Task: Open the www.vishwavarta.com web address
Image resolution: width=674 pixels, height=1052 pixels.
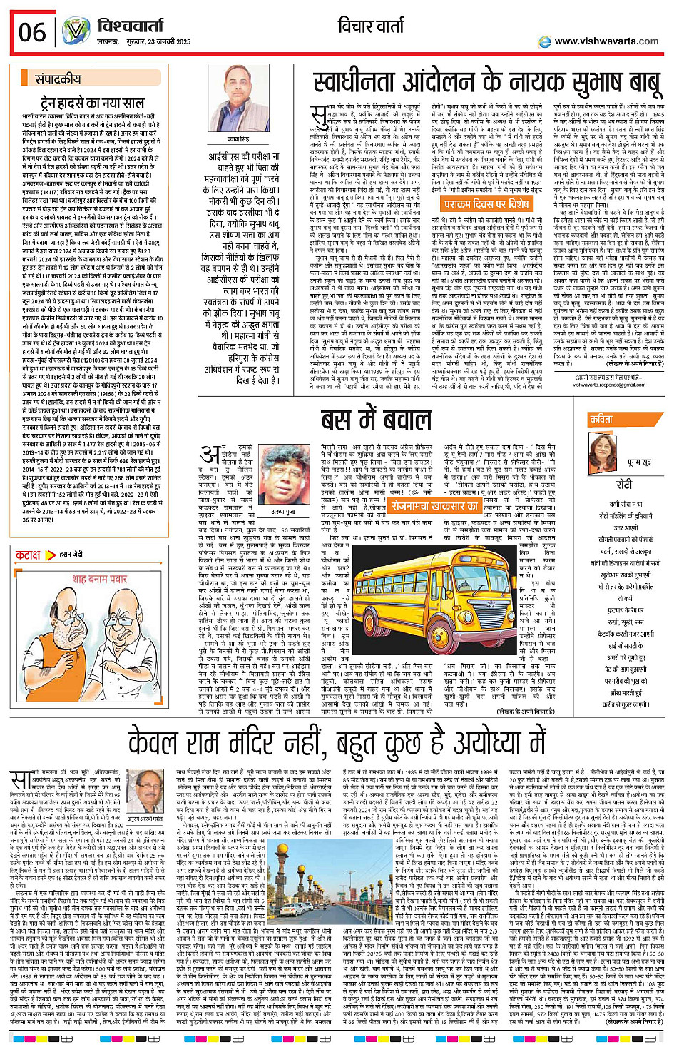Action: click(x=606, y=41)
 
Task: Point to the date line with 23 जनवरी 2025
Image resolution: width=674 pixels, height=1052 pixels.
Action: click(x=157, y=42)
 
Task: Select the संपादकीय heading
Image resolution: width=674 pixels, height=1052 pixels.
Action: click(x=58, y=80)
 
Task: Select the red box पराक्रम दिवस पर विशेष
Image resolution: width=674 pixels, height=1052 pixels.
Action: click(x=484, y=204)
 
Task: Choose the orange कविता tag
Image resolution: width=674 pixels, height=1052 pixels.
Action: click(x=601, y=420)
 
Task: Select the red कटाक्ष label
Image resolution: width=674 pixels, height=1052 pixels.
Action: click(x=29, y=555)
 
